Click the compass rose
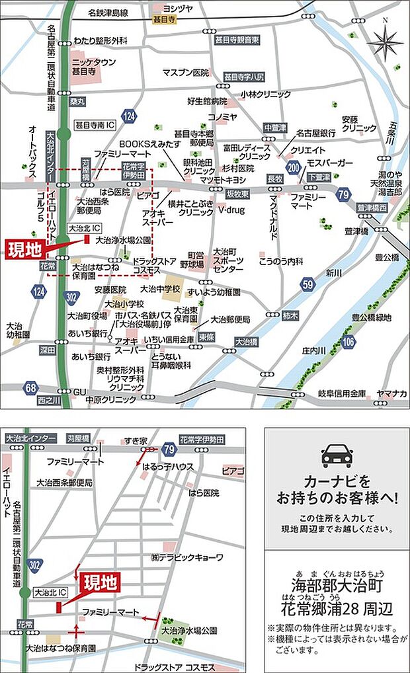click(385, 42)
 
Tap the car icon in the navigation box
click(337, 455)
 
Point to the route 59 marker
click(307, 285)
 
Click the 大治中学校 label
click(160, 289)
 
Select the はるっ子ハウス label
click(168, 466)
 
